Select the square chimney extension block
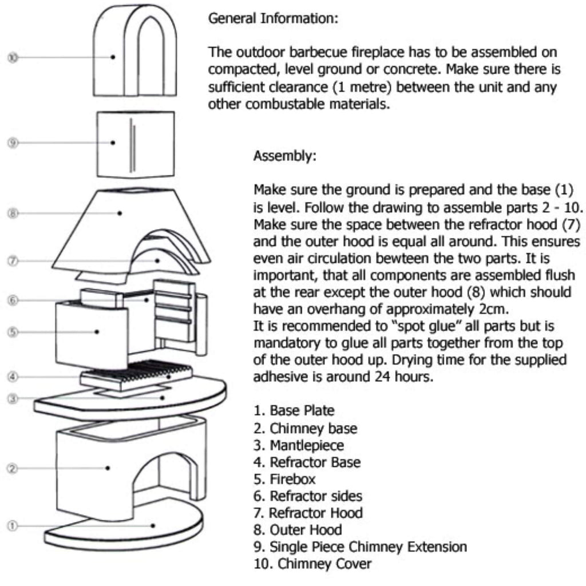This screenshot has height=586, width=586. (x=135, y=143)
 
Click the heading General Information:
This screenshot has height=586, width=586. (x=273, y=18)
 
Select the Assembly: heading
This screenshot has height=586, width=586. (x=284, y=156)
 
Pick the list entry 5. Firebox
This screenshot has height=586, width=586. (x=284, y=479)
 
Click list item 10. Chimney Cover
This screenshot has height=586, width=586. (x=312, y=564)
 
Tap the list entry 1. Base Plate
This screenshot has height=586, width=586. (x=294, y=411)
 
